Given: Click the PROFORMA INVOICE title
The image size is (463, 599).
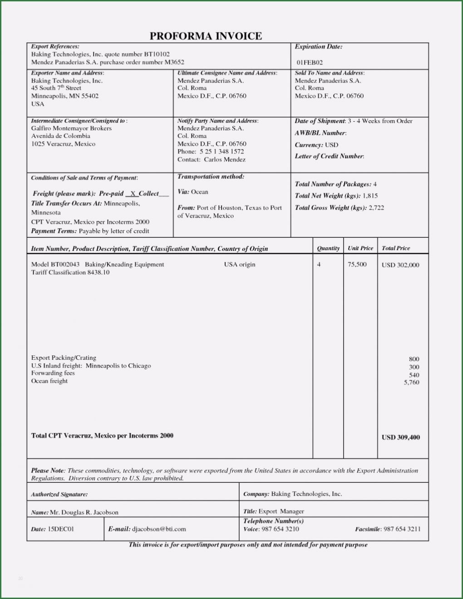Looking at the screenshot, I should pyautogui.click(x=206, y=36).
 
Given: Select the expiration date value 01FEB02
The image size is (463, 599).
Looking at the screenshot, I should pyautogui.click(x=310, y=62).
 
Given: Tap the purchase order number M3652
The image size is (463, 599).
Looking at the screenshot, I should pyautogui.click(x=174, y=62).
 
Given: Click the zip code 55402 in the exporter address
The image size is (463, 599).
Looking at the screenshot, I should pyautogui.click(x=89, y=96).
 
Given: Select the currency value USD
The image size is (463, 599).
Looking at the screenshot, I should pyautogui.click(x=331, y=145).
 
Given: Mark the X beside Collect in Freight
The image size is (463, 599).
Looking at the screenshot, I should pyautogui.click(x=133, y=193).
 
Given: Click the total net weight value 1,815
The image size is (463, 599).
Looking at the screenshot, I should pyautogui.click(x=370, y=196).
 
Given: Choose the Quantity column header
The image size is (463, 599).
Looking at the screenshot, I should pyautogui.click(x=328, y=248).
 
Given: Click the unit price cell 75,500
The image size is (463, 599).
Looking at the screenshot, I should pyautogui.click(x=357, y=264).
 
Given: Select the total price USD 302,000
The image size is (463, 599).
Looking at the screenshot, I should pyautogui.click(x=400, y=265).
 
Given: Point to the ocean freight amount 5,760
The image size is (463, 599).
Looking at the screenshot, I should pyautogui.click(x=412, y=383).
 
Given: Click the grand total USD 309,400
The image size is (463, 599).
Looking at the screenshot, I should pyautogui.click(x=401, y=437).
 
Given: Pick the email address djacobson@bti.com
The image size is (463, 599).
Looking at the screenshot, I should pyautogui.click(x=159, y=529).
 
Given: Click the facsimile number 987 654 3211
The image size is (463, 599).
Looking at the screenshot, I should pyautogui.click(x=402, y=529).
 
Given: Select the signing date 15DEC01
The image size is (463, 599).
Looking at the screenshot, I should pyautogui.click(x=61, y=529).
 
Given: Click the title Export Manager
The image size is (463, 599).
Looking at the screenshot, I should pyautogui.click(x=281, y=511).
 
